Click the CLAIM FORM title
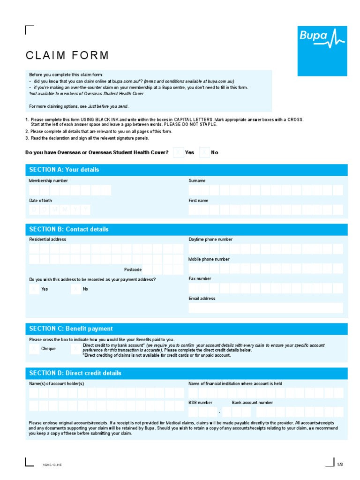point(67,55)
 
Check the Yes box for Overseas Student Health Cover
point(178,152)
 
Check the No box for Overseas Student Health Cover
point(204,152)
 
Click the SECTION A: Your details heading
point(64,170)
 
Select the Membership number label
point(48,180)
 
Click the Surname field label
point(197,180)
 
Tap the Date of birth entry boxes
point(60,210)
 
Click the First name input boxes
point(265,210)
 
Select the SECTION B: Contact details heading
point(69,229)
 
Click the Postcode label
point(133,270)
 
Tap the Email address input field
point(265,307)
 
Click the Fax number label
point(200,278)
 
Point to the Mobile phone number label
point(209,259)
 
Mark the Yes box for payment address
point(34,289)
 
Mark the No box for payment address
point(76,289)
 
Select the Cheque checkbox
point(34,349)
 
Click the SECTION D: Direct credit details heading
point(75,373)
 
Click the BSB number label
point(200,403)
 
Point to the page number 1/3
point(340,464)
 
